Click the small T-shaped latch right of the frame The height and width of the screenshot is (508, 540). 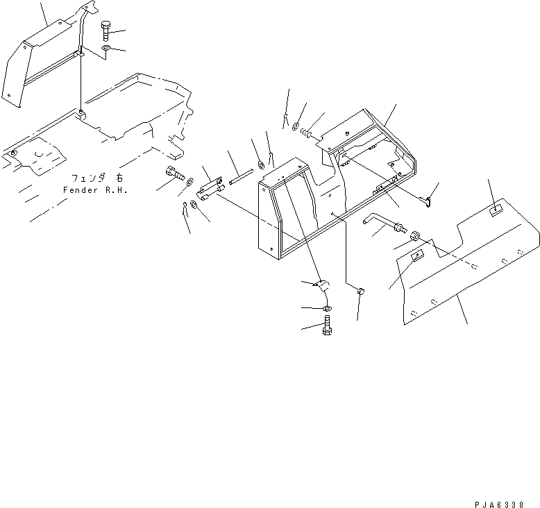pos(429,201)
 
